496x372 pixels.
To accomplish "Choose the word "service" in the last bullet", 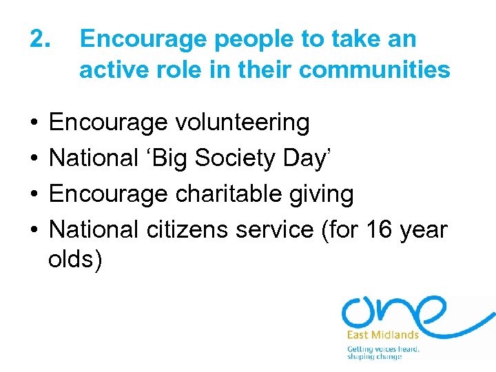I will point(274,229).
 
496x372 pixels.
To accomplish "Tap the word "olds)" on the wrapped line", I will point(76,260).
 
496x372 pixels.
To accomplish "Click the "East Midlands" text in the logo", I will point(382,335).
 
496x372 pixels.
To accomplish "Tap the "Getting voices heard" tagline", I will point(383,349).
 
